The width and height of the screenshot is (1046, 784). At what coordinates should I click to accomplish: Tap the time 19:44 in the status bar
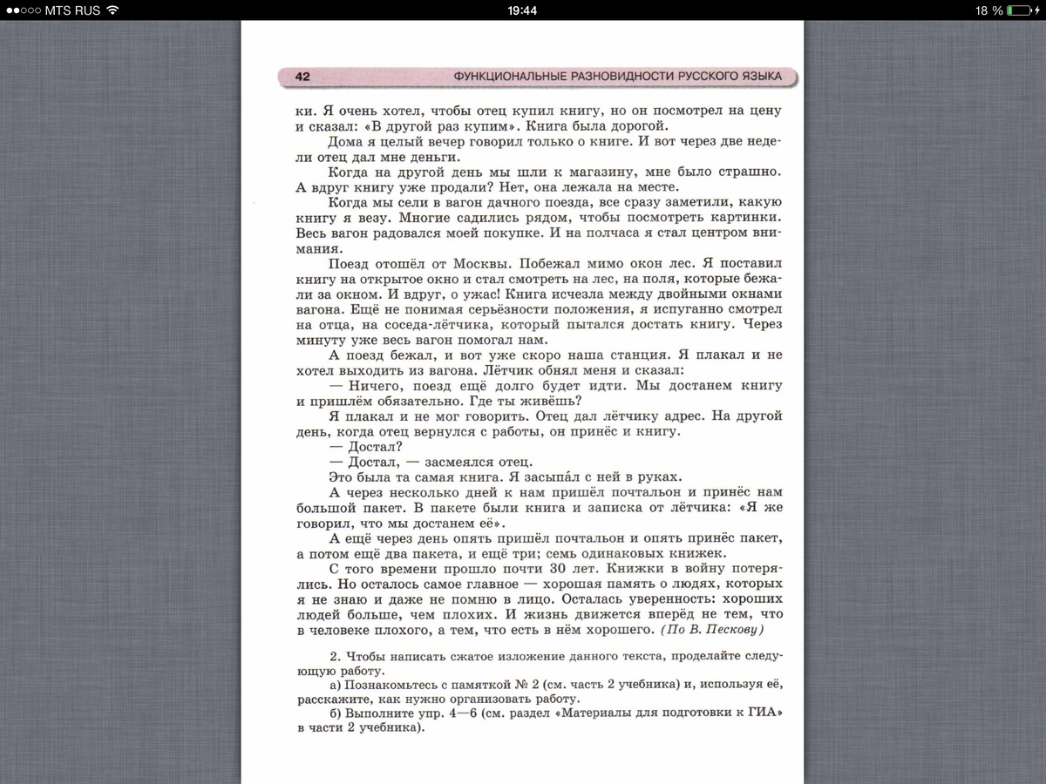[x=522, y=10]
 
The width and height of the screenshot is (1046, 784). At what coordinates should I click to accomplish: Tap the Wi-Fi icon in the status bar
[x=112, y=10]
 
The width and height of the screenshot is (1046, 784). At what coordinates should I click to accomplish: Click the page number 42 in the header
[x=302, y=77]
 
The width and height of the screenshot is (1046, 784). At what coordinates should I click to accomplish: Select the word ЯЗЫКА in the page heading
[x=755, y=77]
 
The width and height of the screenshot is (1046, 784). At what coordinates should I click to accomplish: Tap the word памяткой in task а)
[x=471, y=686]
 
